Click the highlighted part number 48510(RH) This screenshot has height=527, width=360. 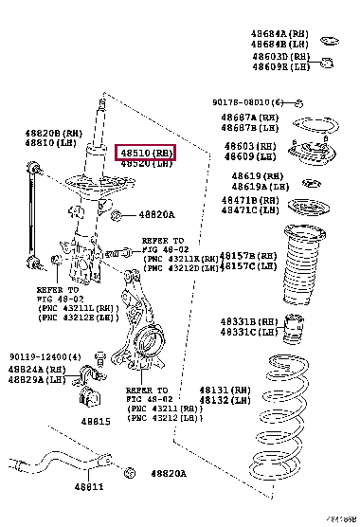146,153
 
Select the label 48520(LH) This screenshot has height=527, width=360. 146,163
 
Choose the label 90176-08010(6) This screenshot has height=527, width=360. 247,102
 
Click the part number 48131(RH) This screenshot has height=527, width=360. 225,391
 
